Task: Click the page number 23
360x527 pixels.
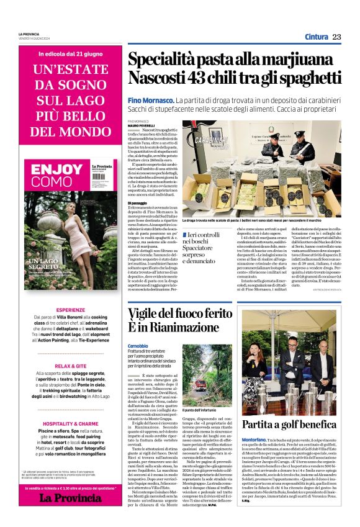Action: click(x=336, y=37)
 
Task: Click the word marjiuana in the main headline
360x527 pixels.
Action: click(x=294, y=61)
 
